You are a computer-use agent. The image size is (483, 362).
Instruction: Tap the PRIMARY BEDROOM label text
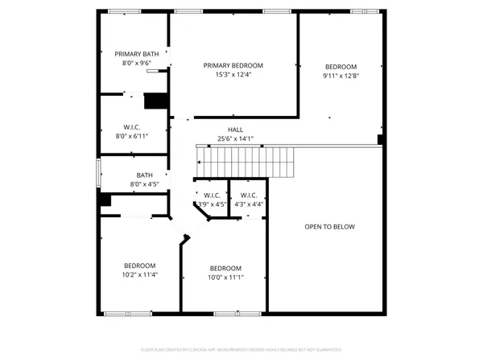233,66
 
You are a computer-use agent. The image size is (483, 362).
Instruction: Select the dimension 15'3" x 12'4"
233,75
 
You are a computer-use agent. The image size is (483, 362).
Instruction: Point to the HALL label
235,130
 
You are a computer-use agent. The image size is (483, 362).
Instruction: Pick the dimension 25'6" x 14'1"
235,138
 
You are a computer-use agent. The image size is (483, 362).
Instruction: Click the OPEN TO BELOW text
329,227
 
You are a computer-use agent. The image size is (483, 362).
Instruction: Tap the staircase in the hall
246,161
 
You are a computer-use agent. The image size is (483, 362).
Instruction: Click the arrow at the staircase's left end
200,161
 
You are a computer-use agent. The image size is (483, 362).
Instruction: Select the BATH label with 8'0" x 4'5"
144,175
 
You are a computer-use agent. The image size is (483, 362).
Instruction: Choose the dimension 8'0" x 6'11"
133,136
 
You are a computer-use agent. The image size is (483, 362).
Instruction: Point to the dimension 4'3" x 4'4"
248,204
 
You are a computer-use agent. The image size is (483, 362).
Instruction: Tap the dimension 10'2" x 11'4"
139,274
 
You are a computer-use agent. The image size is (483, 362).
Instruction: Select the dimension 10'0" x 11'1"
225,278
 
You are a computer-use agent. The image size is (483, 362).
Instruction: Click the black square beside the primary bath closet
154,101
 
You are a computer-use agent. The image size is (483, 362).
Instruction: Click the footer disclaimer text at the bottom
241,350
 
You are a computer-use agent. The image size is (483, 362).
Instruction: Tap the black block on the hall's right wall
380,139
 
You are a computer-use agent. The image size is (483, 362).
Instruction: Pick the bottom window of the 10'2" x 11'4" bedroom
128,313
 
